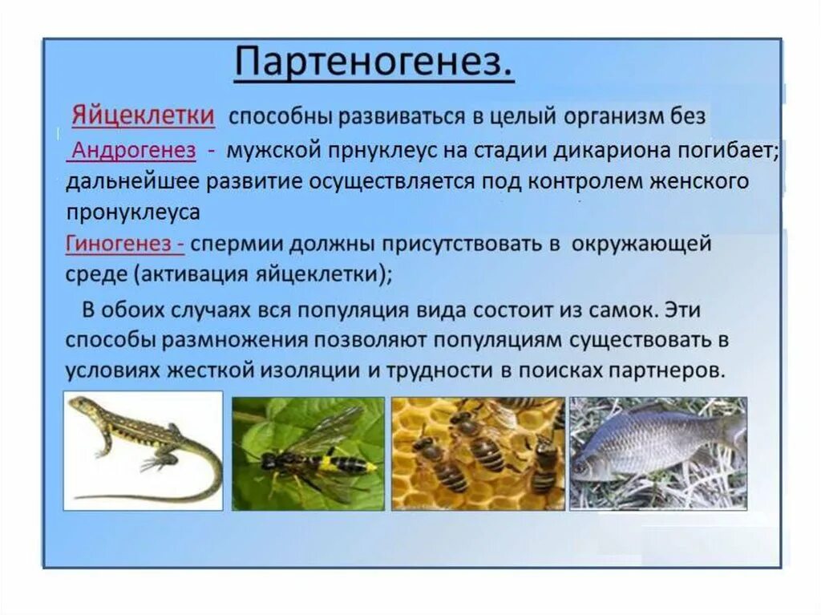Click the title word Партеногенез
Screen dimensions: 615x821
pyautogui.click(x=374, y=63)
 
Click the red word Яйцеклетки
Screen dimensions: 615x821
pyautogui.click(x=143, y=115)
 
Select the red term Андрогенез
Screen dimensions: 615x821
pyautogui.click(x=134, y=150)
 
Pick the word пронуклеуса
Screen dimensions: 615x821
pyautogui.click(x=132, y=212)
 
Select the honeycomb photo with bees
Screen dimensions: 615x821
pyautogui.click(x=478, y=453)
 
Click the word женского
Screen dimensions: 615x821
pyautogui.click(x=696, y=181)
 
